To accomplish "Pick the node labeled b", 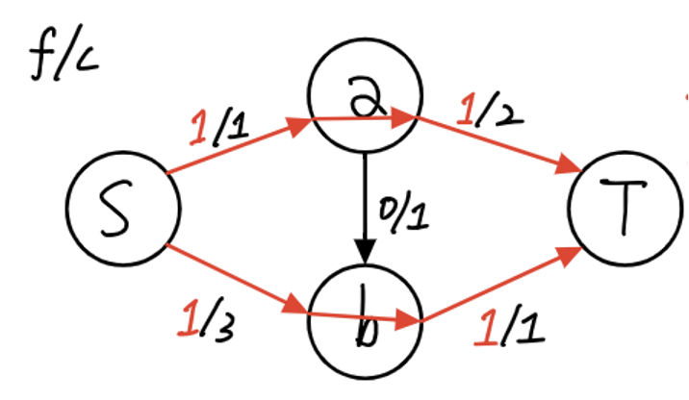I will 364,321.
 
